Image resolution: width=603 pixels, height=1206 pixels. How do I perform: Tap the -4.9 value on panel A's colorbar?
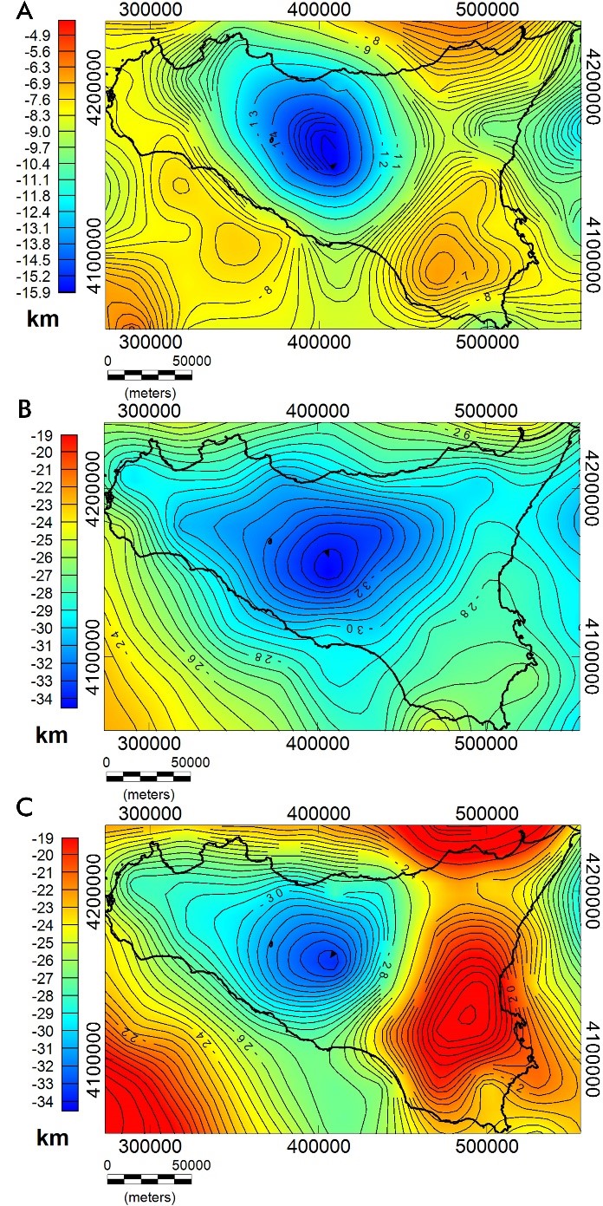tap(41, 36)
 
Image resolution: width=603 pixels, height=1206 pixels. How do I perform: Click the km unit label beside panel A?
tap(42, 319)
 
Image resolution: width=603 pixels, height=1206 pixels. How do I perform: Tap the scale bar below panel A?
tap(149, 375)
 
